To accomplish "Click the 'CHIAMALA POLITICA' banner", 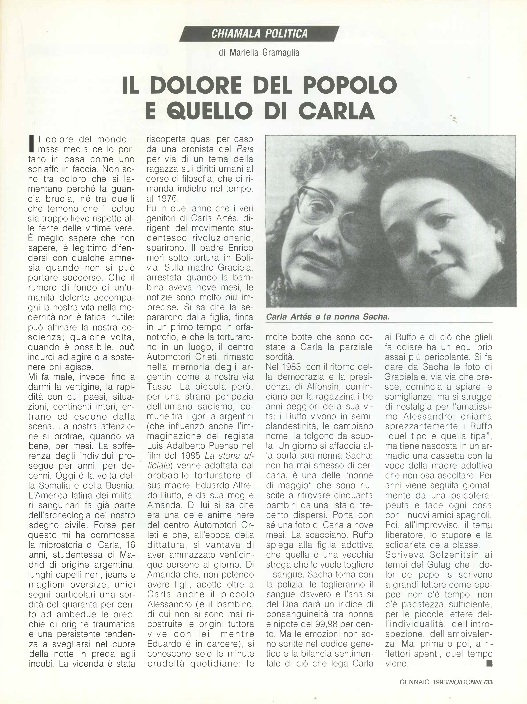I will click(x=259, y=34).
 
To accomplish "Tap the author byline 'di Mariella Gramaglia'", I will click(x=259, y=52).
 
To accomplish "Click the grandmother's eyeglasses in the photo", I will click(x=329, y=210).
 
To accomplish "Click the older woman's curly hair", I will click(x=318, y=156).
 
